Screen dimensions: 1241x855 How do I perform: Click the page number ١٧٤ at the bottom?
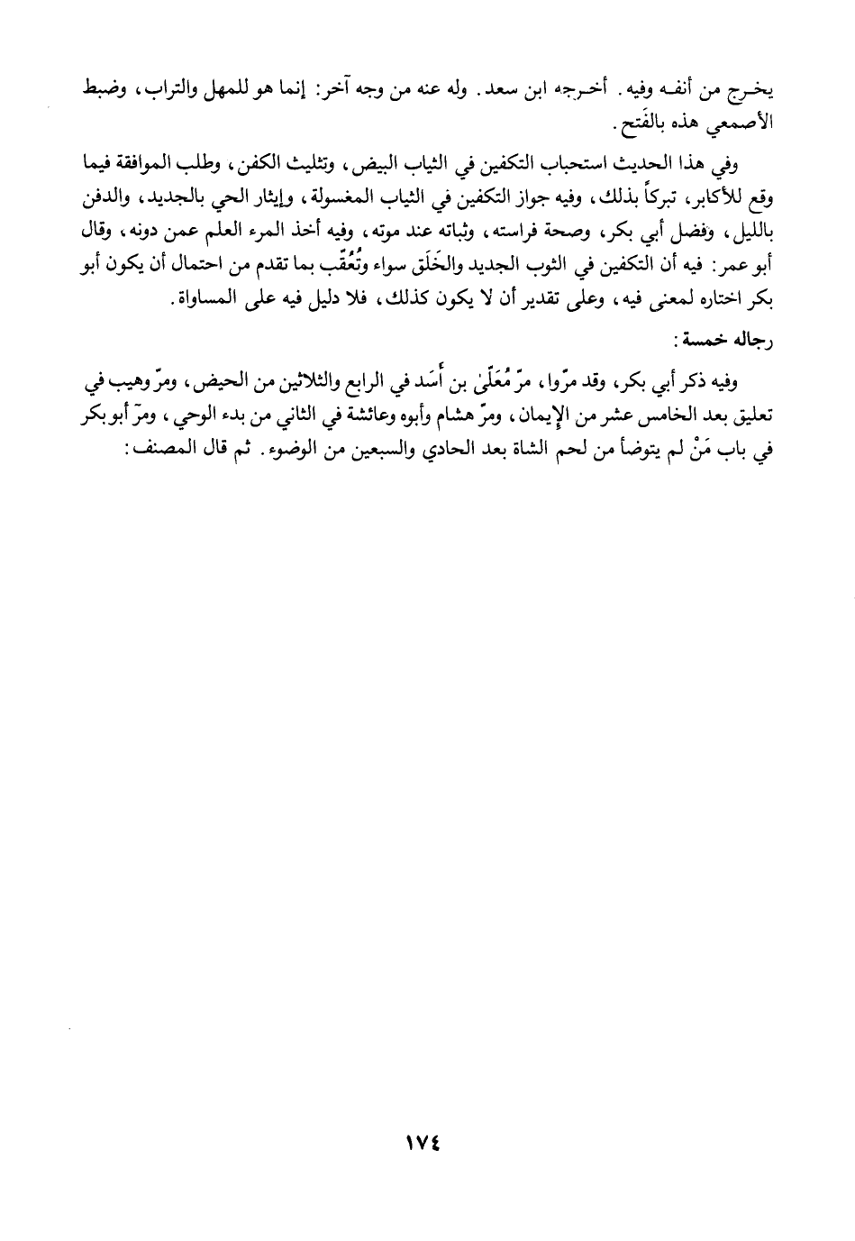point(427,1140)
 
